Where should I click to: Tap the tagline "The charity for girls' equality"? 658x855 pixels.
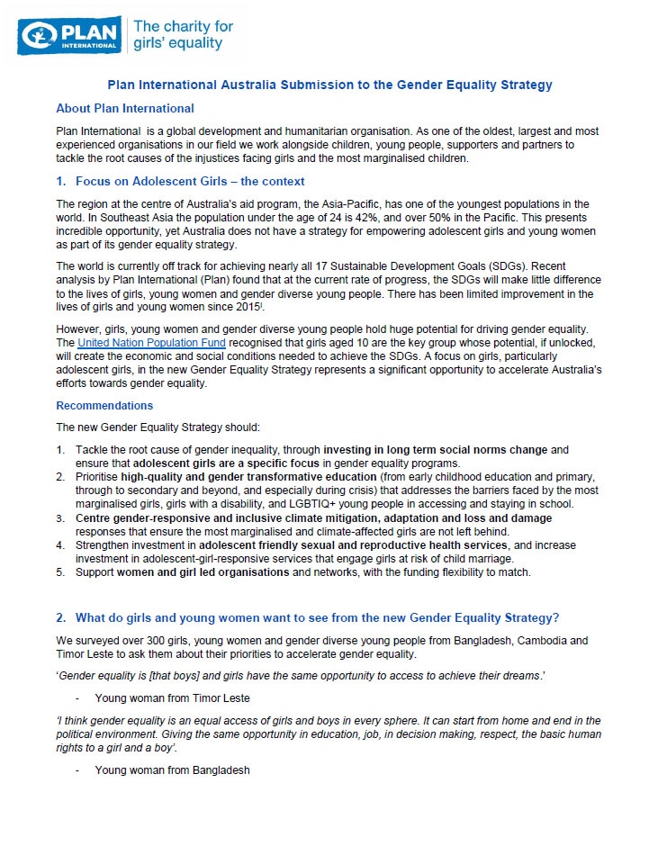coord(183,35)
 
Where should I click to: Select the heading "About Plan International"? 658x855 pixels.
coord(124,108)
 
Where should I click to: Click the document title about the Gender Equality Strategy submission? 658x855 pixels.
coord(329,85)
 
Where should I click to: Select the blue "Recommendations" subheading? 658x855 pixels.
coord(104,406)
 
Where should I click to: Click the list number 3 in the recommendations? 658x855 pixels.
coord(60,518)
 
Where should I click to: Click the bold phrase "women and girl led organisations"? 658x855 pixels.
coord(201,572)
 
